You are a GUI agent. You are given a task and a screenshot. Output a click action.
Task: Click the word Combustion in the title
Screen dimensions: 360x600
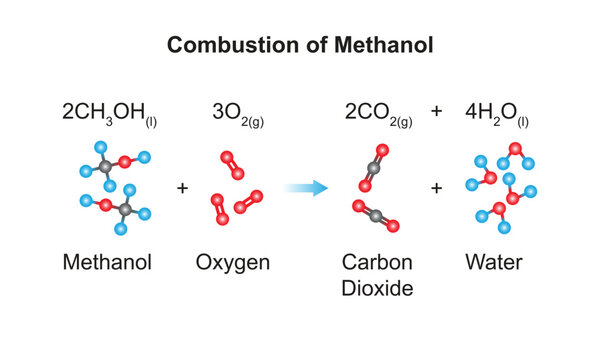point(219,45)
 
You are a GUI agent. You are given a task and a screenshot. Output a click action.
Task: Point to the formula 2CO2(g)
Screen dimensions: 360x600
point(379,112)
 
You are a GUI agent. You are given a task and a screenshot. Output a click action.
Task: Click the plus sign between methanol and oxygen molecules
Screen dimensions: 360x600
point(182,187)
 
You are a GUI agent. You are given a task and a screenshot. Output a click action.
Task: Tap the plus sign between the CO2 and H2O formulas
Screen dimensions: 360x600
point(436,112)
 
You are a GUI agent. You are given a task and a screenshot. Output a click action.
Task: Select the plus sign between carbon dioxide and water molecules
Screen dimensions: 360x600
point(436,187)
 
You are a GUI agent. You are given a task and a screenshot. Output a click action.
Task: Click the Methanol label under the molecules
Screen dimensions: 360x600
point(107,263)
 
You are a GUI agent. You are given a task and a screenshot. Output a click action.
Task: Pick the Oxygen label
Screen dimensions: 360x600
point(232,263)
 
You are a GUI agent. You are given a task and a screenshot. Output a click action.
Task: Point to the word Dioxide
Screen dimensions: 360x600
point(378,290)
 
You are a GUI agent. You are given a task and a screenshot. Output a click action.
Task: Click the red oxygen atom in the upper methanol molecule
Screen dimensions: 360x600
point(125,160)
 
